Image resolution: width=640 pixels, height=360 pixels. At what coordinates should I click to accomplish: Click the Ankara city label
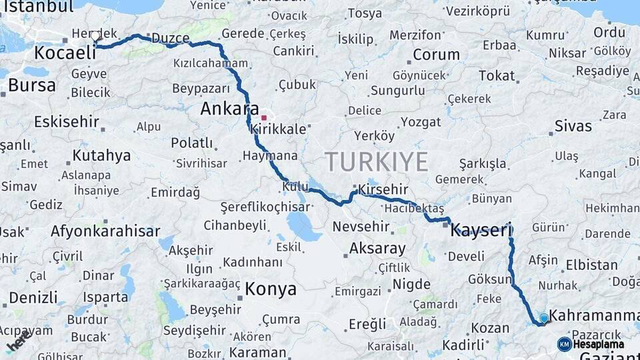[x=230, y=108]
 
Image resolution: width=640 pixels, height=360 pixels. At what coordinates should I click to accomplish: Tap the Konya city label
[x=271, y=289]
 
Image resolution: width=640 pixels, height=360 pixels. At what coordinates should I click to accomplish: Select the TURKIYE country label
[x=377, y=161]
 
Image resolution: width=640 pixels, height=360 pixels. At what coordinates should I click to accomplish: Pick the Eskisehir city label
[x=67, y=122]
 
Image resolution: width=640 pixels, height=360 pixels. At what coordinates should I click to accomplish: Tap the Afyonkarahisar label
[x=105, y=231]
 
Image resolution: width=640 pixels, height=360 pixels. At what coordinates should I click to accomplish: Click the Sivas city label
[x=573, y=126]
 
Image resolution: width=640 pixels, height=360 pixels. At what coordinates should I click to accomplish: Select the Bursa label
[x=31, y=85]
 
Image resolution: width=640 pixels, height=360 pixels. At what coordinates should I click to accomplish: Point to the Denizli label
[x=33, y=297]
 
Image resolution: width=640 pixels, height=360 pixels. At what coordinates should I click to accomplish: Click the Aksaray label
[x=377, y=249]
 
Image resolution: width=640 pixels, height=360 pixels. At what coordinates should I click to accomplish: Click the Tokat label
[x=497, y=75]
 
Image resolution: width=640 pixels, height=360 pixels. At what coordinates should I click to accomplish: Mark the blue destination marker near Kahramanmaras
[x=544, y=319]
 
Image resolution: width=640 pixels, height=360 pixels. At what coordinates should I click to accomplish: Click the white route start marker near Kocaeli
[x=96, y=37]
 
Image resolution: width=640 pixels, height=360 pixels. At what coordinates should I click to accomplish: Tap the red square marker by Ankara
[x=264, y=117]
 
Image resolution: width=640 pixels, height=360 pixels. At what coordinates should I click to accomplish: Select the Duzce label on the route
[x=171, y=38]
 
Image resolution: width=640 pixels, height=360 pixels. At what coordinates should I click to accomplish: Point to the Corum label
[x=436, y=54]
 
